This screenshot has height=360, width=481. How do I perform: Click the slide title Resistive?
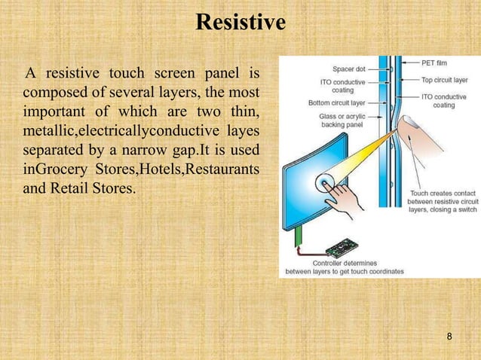click(240, 23)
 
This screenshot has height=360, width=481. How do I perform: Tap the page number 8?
click(449, 336)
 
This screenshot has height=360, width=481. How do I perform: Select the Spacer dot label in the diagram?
click(349, 68)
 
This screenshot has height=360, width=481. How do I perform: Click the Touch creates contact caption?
click(439, 194)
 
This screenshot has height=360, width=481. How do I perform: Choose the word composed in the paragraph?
click(52, 93)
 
